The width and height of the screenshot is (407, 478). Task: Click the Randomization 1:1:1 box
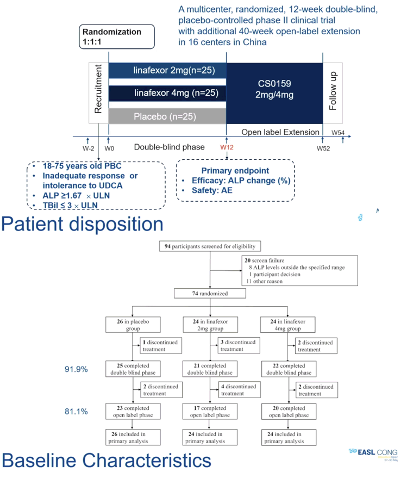pyautogui.click(x=117, y=36)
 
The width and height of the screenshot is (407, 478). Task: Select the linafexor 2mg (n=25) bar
pyautogui.click(x=167, y=70)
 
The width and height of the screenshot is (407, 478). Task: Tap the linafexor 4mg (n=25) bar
pyautogui.click(x=167, y=93)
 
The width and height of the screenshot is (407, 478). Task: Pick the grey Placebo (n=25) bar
pyautogui.click(x=167, y=116)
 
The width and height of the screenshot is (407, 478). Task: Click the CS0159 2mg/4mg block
pyautogui.click(x=274, y=94)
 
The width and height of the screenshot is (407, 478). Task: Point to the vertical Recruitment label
pyautogui.click(x=98, y=89)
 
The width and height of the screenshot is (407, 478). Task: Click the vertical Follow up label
pyautogui.click(x=333, y=91)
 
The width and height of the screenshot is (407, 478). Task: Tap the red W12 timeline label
pyautogui.click(x=227, y=147)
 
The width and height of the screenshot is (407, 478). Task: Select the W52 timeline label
pyautogui.click(x=323, y=148)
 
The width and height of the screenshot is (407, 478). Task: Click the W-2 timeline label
pyautogui.click(x=89, y=148)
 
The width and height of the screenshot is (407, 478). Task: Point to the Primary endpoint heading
pyautogui.click(x=235, y=170)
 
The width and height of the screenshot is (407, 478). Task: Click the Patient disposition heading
pyautogui.click(x=82, y=224)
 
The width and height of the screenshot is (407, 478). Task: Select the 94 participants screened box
pyautogui.click(x=210, y=246)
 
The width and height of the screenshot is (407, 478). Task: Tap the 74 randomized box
pyautogui.click(x=210, y=294)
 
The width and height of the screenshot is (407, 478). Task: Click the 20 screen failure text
pyautogui.click(x=265, y=260)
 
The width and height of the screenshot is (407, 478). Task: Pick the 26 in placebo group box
pyautogui.click(x=133, y=325)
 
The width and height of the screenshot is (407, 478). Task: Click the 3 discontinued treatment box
pyautogui.click(x=239, y=345)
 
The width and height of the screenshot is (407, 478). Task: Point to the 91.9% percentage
pyautogui.click(x=76, y=369)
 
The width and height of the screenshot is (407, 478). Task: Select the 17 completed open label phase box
pyautogui.click(x=210, y=412)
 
